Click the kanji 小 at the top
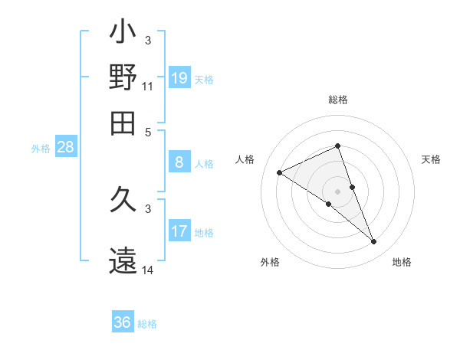click(123, 34)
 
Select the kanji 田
click(123, 123)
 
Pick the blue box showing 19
click(179, 77)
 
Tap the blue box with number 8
click(179, 162)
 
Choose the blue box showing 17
click(179, 231)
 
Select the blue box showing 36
click(123, 322)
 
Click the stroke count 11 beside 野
click(148, 86)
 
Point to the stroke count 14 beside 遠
click(148, 270)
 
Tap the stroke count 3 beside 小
click(148, 40)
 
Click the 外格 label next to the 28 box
click(40, 149)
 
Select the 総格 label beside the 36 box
click(147, 324)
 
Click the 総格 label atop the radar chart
click(338, 100)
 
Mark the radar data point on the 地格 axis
click(374, 242)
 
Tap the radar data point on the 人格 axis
click(280, 172)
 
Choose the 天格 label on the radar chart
click(431, 159)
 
